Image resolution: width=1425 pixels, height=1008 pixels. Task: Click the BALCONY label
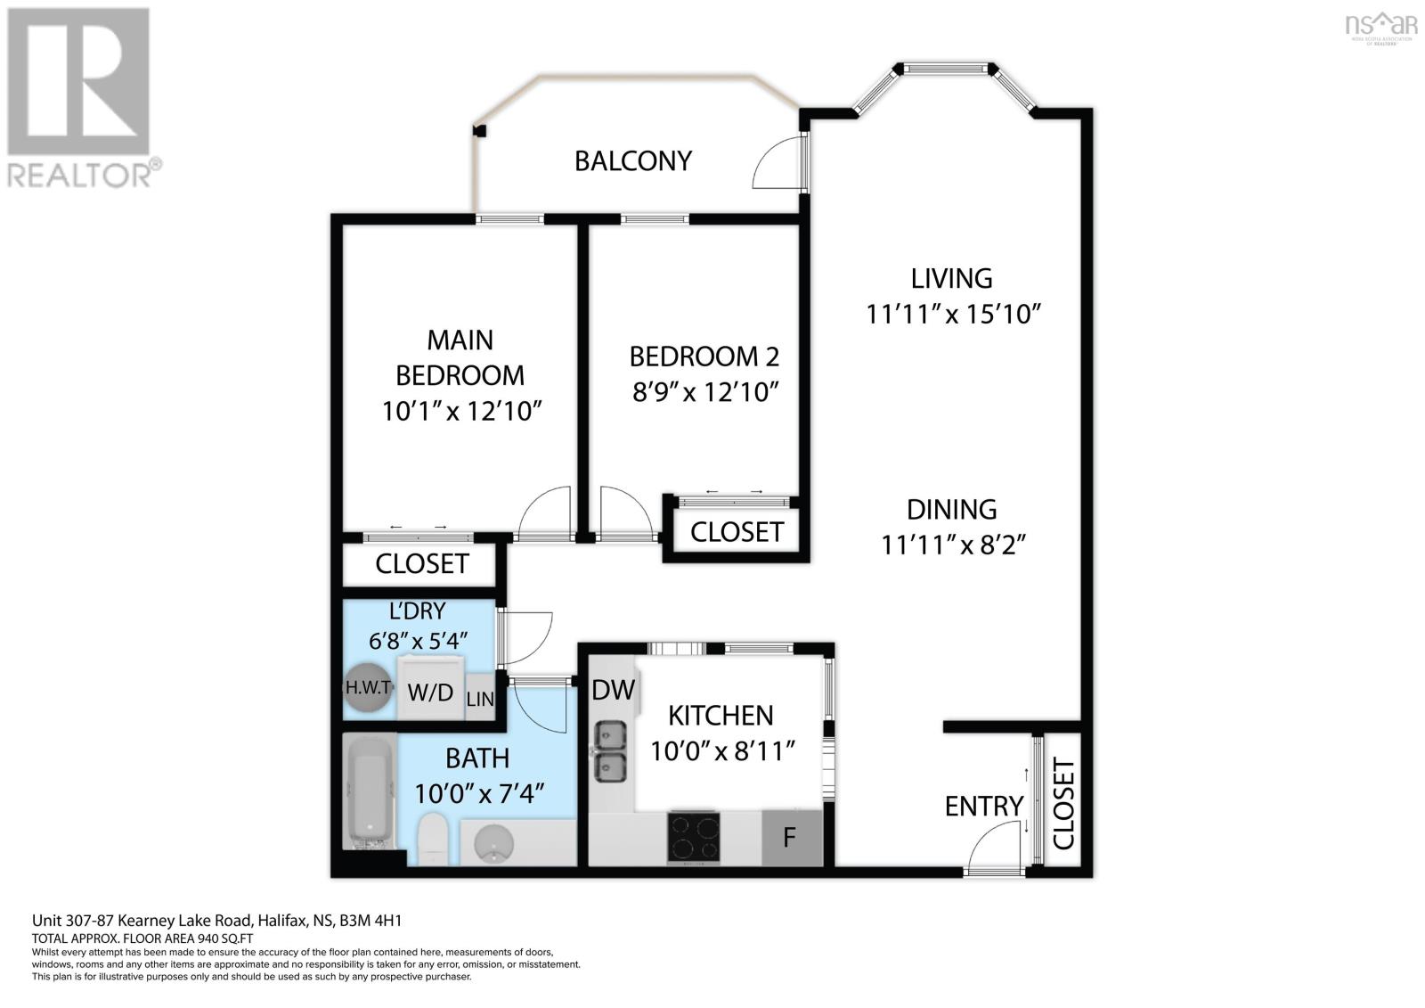(x=632, y=161)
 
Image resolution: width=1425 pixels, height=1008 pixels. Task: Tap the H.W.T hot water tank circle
(x=368, y=689)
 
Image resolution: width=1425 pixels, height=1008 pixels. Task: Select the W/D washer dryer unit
(x=431, y=692)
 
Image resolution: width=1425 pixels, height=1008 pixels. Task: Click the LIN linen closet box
(x=479, y=700)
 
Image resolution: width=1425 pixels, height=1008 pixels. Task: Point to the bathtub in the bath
(x=370, y=792)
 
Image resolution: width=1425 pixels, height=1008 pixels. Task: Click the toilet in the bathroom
(x=433, y=838)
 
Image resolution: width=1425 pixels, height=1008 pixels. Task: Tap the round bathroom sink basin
(x=494, y=842)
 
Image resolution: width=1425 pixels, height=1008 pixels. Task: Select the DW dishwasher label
(x=613, y=689)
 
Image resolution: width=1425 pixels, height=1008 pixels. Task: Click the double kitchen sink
(x=609, y=751)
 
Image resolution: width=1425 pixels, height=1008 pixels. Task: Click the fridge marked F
(x=790, y=838)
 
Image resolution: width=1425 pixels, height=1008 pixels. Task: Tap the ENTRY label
(x=983, y=807)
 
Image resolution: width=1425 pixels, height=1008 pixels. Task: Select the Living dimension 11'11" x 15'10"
(x=953, y=315)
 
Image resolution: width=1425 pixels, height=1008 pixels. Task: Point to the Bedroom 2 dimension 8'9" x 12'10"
(x=705, y=392)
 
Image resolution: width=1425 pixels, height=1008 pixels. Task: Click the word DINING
(x=951, y=510)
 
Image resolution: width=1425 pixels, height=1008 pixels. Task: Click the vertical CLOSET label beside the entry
(x=1063, y=804)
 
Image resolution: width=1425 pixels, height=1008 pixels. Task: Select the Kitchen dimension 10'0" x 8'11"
(x=721, y=751)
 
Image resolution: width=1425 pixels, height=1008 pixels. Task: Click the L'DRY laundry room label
(x=417, y=611)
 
